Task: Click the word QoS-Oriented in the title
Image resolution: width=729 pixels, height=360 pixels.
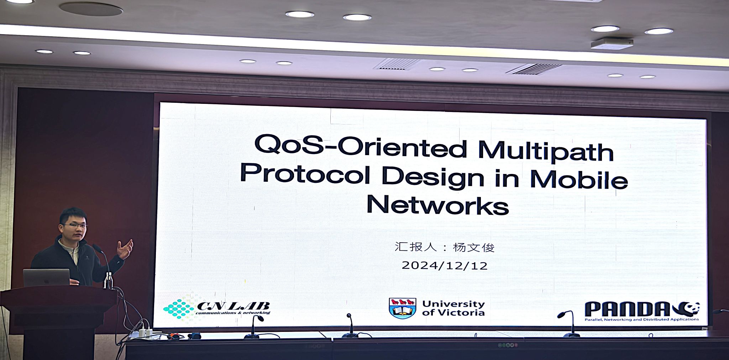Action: point(361,146)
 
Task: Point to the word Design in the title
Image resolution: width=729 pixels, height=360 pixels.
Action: point(433,176)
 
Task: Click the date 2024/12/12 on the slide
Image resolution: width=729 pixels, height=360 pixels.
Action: point(445,265)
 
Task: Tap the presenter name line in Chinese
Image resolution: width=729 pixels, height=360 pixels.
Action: point(445,247)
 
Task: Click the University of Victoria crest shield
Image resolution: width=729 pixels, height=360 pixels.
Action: point(403,308)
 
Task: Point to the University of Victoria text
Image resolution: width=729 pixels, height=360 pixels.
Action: point(453,308)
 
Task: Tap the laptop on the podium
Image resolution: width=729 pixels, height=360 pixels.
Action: point(46,277)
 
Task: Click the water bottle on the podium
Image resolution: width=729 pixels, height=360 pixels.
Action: point(109,280)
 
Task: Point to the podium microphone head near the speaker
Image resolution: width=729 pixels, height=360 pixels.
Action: point(96,248)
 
